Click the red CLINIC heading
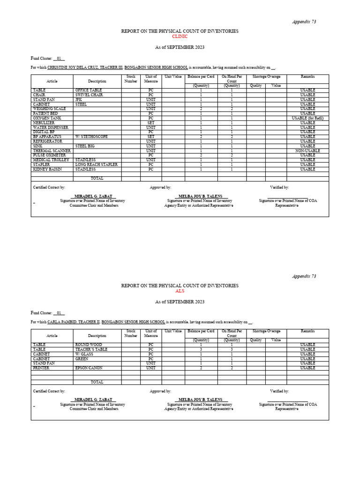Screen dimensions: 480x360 click(x=180, y=36)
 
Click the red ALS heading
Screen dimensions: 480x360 click(x=180, y=291)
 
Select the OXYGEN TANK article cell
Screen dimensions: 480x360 click(x=47, y=118)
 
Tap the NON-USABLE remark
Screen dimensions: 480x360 click(x=307, y=150)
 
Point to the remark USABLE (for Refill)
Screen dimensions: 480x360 click(x=307, y=118)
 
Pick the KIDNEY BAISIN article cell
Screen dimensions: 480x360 click(x=47, y=169)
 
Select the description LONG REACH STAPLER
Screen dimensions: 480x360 click(x=96, y=165)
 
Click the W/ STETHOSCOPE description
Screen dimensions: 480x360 click(x=91, y=136)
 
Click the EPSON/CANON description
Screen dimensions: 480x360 click(x=89, y=368)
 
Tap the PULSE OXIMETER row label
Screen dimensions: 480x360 click(x=49, y=155)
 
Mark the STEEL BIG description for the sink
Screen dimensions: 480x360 click(x=85, y=146)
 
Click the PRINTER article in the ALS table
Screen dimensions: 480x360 click(x=41, y=368)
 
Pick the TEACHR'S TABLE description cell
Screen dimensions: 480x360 click(x=91, y=349)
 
